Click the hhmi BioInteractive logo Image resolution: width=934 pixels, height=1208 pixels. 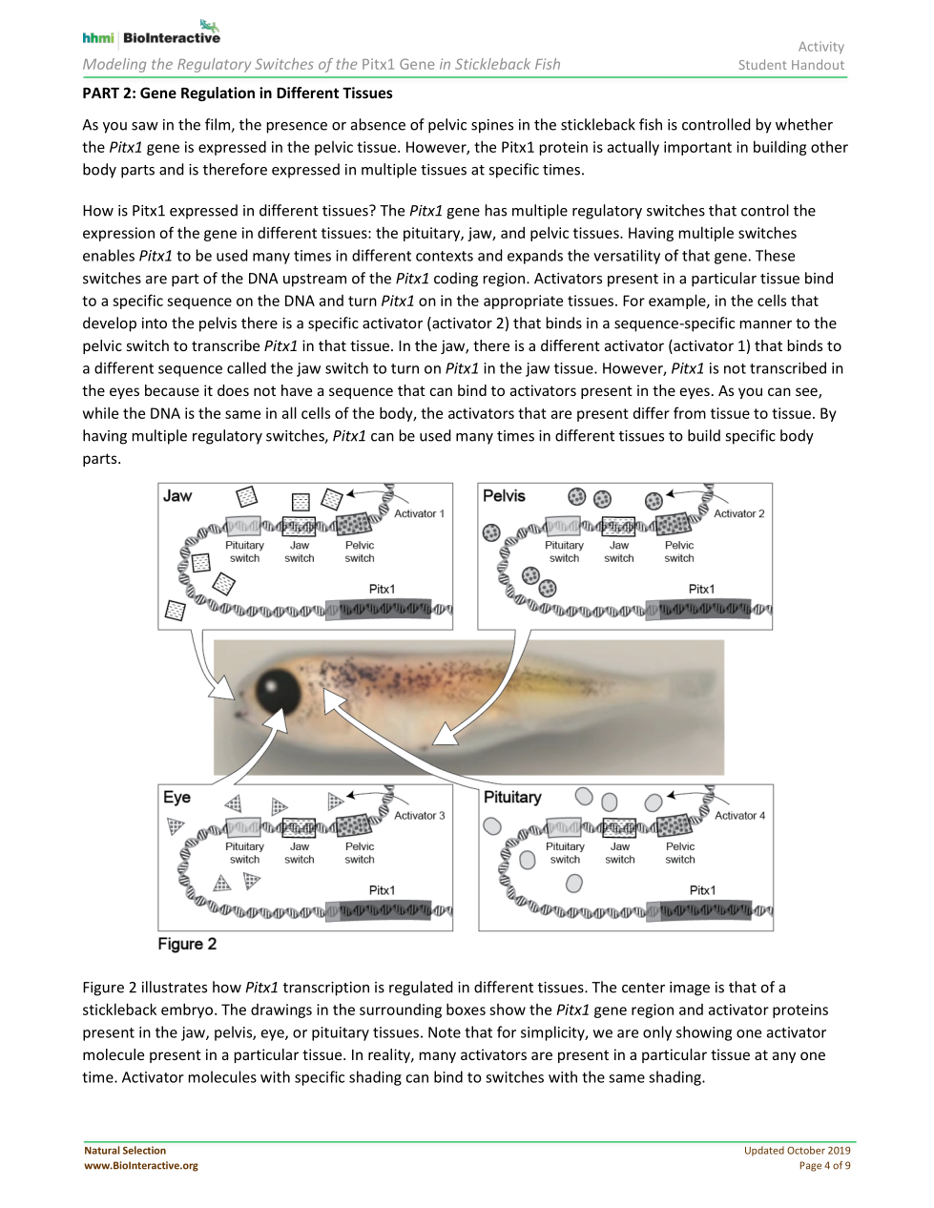(152, 34)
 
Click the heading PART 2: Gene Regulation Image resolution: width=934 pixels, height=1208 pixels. (238, 94)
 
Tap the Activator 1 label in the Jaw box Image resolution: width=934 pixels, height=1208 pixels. (419, 513)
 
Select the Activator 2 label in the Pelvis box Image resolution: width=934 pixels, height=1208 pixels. (738, 513)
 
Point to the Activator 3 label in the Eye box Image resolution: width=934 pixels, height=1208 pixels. (419, 816)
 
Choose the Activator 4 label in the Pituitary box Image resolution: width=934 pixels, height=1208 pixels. (739, 816)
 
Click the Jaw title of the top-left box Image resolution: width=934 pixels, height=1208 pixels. (177, 496)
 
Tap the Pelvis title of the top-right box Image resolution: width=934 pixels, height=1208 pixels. (504, 496)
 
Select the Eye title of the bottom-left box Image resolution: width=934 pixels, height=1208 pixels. (176, 798)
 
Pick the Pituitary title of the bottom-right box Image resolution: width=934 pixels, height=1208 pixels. (512, 798)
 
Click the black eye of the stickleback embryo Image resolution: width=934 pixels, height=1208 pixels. (279, 689)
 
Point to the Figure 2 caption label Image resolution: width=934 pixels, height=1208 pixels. (187, 944)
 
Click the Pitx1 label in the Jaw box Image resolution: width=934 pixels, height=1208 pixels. (382, 590)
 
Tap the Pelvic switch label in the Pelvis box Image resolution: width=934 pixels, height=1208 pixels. (679, 552)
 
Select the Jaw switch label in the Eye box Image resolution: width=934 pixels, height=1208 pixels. (300, 853)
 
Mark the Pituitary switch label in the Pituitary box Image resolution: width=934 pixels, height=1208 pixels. (565, 853)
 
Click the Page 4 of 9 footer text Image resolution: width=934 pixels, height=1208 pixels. (824, 1165)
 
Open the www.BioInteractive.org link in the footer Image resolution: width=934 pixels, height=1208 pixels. (141, 1165)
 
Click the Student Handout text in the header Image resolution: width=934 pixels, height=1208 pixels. (791, 65)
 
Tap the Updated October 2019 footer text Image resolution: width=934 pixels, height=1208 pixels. (797, 1151)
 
